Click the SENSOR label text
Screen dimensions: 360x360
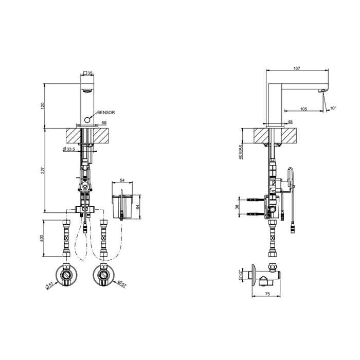tap(106, 113)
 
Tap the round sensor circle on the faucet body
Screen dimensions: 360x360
tap(87, 120)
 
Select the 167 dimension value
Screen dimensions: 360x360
tap(297, 68)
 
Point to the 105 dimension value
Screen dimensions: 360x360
tap(303, 109)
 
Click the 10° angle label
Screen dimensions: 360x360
tap(333, 108)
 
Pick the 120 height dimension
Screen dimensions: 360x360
tap(43, 106)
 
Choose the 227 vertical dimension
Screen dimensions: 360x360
tap(43, 171)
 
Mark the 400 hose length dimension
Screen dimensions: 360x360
tap(42, 238)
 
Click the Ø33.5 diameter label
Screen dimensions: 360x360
tap(68, 149)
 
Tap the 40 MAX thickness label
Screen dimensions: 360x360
tap(240, 152)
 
